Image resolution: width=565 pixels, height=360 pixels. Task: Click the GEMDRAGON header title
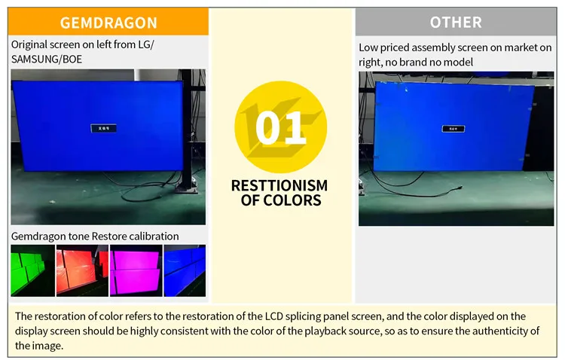tap(108, 23)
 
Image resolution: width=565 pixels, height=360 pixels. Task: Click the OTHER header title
tap(456, 22)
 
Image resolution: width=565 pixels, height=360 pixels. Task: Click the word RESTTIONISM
tap(279, 185)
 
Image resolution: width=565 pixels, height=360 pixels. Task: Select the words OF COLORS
tap(280, 200)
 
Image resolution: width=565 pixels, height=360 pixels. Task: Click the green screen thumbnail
tap(32, 271)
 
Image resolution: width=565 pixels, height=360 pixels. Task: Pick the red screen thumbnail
tap(83, 271)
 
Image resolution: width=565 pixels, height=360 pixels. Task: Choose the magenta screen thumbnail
tap(135, 271)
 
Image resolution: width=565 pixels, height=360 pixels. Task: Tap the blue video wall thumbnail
tap(185, 271)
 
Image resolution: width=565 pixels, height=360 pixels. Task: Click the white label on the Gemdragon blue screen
tap(103, 129)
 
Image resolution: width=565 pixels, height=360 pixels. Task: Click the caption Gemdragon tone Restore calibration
tap(95, 236)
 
